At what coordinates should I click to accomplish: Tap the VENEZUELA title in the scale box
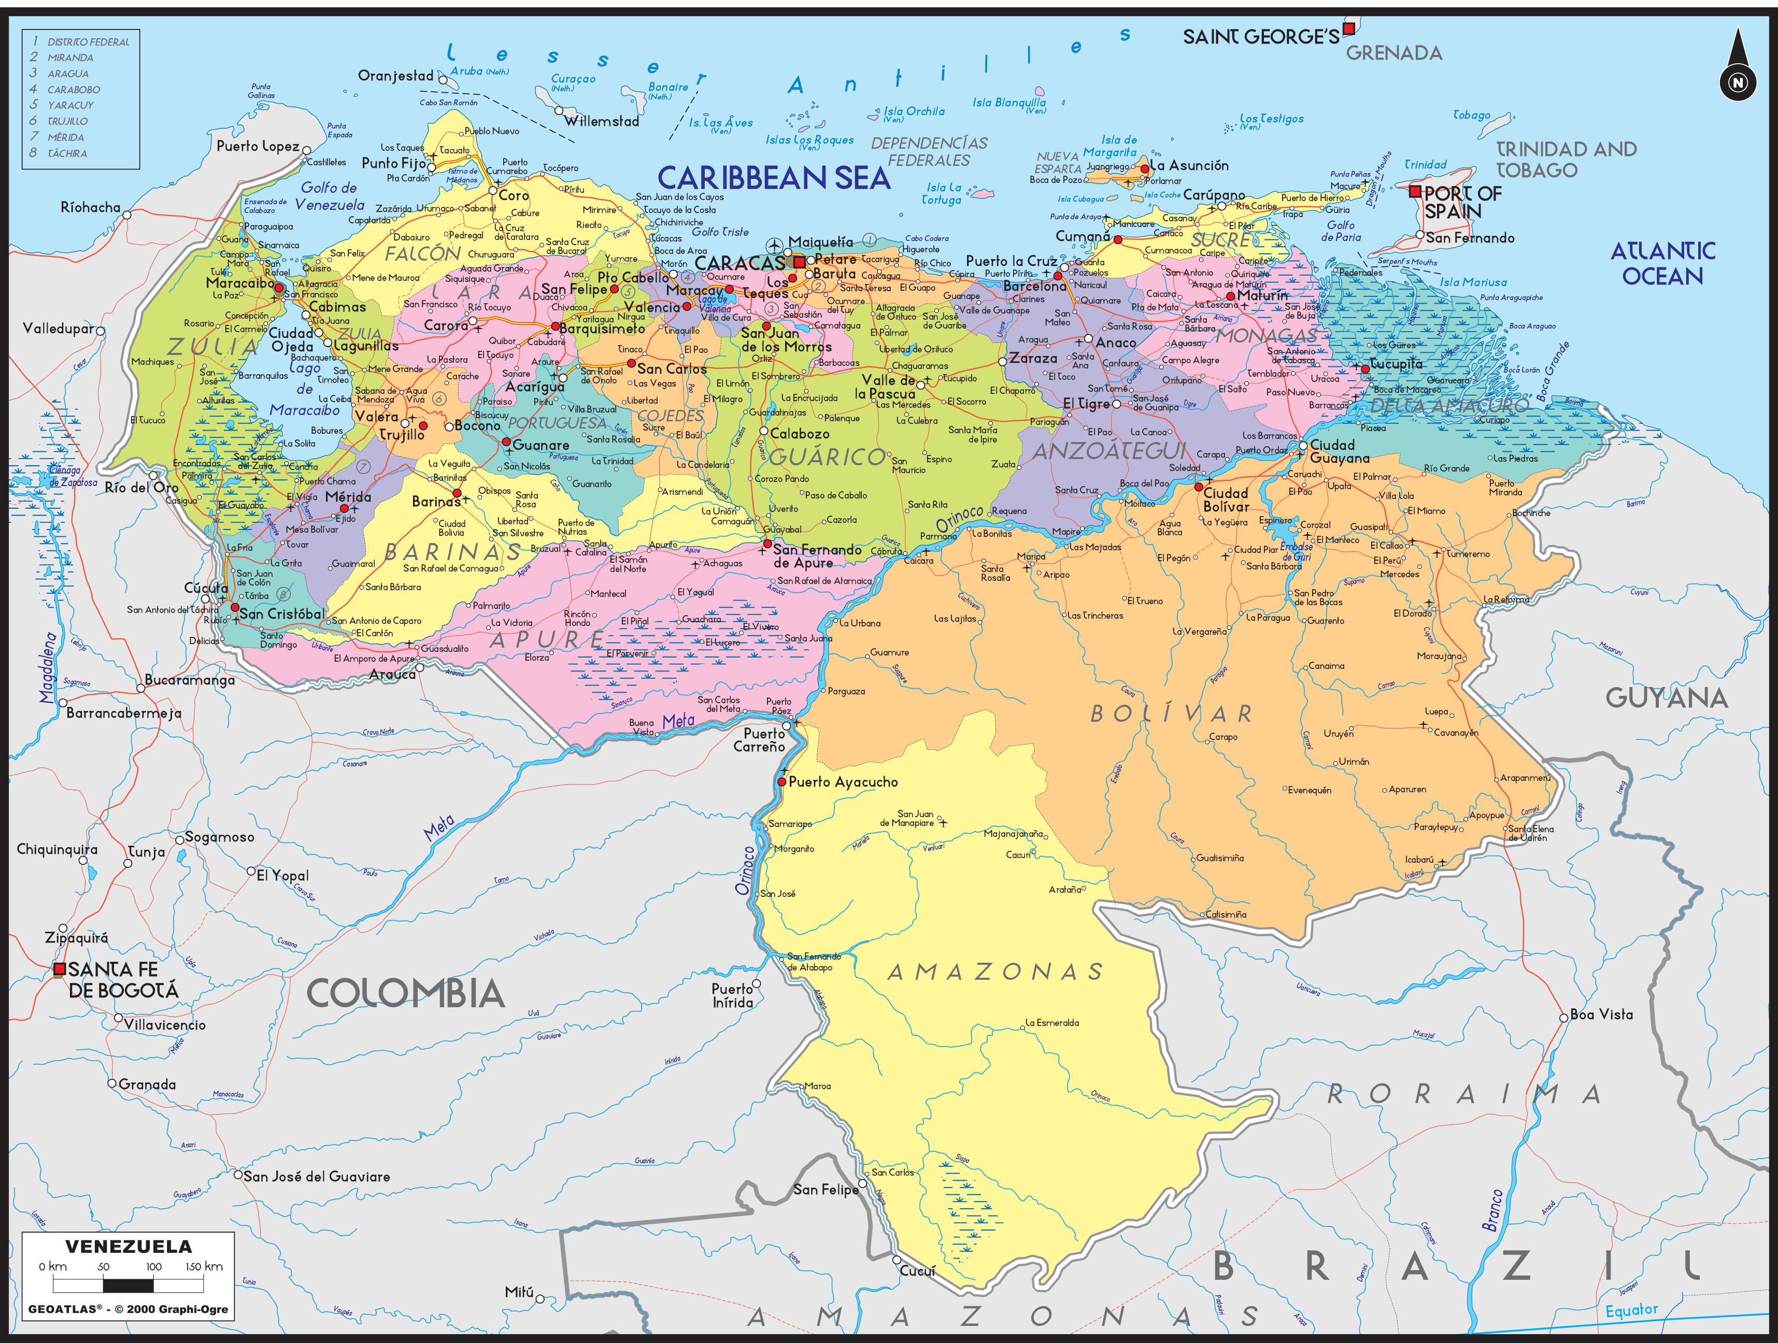point(129,1247)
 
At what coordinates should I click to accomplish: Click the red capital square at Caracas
point(799,262)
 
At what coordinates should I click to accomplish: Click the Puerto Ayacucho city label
point(843,782)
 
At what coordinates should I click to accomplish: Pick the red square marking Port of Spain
point(1415,191)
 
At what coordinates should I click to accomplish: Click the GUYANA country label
point(1666,697)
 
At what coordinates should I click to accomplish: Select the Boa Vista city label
point(1601,1015)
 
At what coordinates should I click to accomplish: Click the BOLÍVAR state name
point(1171,713)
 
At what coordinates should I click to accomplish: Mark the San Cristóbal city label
point(281,614)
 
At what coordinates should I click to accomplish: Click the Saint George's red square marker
point(1349,29)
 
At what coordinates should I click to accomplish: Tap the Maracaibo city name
point(239,283)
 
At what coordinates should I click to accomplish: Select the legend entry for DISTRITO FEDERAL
point(88,42)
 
